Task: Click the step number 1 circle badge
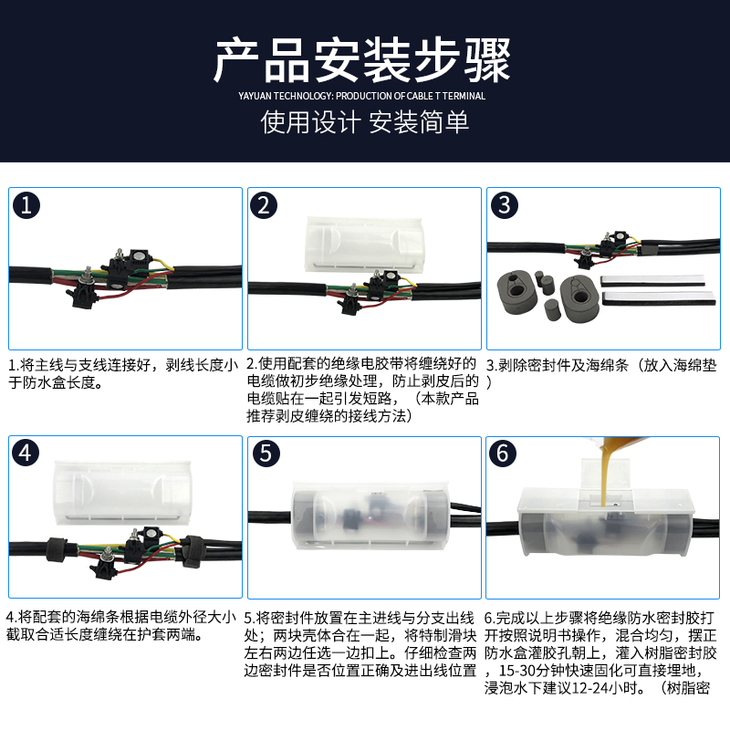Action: click(27, 206)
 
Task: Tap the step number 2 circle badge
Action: click(266, 206)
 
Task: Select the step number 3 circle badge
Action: click(506, 206)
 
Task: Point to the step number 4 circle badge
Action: click(27, 453)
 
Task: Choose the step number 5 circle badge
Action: click(266, 453)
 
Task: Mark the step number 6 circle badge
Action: click(506, 453)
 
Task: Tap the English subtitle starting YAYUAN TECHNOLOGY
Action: click(364, 96)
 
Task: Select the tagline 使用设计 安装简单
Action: click(364, 122)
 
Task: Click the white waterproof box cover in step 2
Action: click(365, 245)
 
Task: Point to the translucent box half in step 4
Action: click(123, 493)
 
